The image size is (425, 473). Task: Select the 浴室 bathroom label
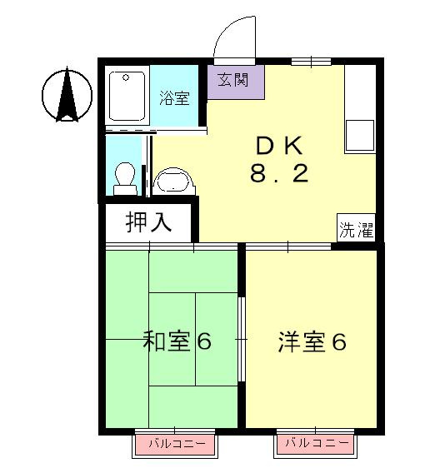tap(175, 97)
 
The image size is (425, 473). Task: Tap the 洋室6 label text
tap(312, 342)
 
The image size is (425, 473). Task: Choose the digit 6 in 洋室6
tap(337, 342)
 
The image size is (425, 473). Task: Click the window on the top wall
tap(313, 60)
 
